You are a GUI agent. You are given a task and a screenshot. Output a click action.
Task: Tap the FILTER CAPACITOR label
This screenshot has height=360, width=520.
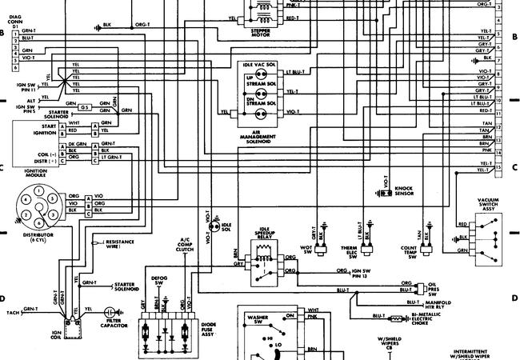(x=121, y=324)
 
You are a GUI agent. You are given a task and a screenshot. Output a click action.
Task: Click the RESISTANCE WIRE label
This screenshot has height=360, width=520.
(x=120, y=242)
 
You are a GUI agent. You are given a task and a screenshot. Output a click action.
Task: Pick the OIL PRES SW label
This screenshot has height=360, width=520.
(x=431, y=287)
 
